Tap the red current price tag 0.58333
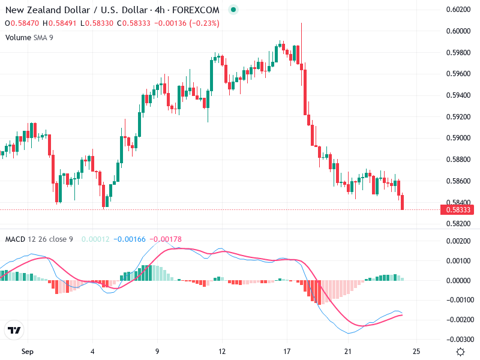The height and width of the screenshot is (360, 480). (457, 210)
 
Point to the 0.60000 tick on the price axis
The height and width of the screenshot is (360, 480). (457, 31)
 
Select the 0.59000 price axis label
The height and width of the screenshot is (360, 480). (457, 138)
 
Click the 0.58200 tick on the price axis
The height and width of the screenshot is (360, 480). (457, 224)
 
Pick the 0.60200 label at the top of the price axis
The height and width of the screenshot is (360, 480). (457, 9)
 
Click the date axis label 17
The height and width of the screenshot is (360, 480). (287, 351)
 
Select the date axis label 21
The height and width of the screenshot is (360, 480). (348, 351)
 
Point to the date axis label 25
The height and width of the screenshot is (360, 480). (417, 351)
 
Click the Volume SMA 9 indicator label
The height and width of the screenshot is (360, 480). (29, 37)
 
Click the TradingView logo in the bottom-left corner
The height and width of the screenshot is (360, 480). (14, 331)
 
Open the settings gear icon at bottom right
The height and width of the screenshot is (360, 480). (460, 352)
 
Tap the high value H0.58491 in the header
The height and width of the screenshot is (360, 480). (63, 23)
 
